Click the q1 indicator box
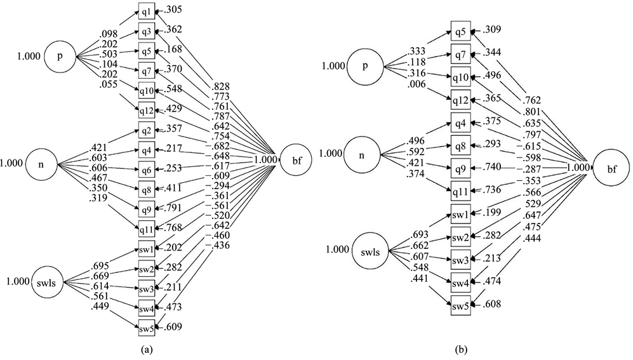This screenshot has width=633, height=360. (145, 12)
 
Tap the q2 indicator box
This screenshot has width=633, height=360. (145, 132)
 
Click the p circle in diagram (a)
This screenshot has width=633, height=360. (60, 57)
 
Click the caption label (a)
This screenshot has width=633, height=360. (145, 349)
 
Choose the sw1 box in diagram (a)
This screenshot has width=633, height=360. (145, 248)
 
